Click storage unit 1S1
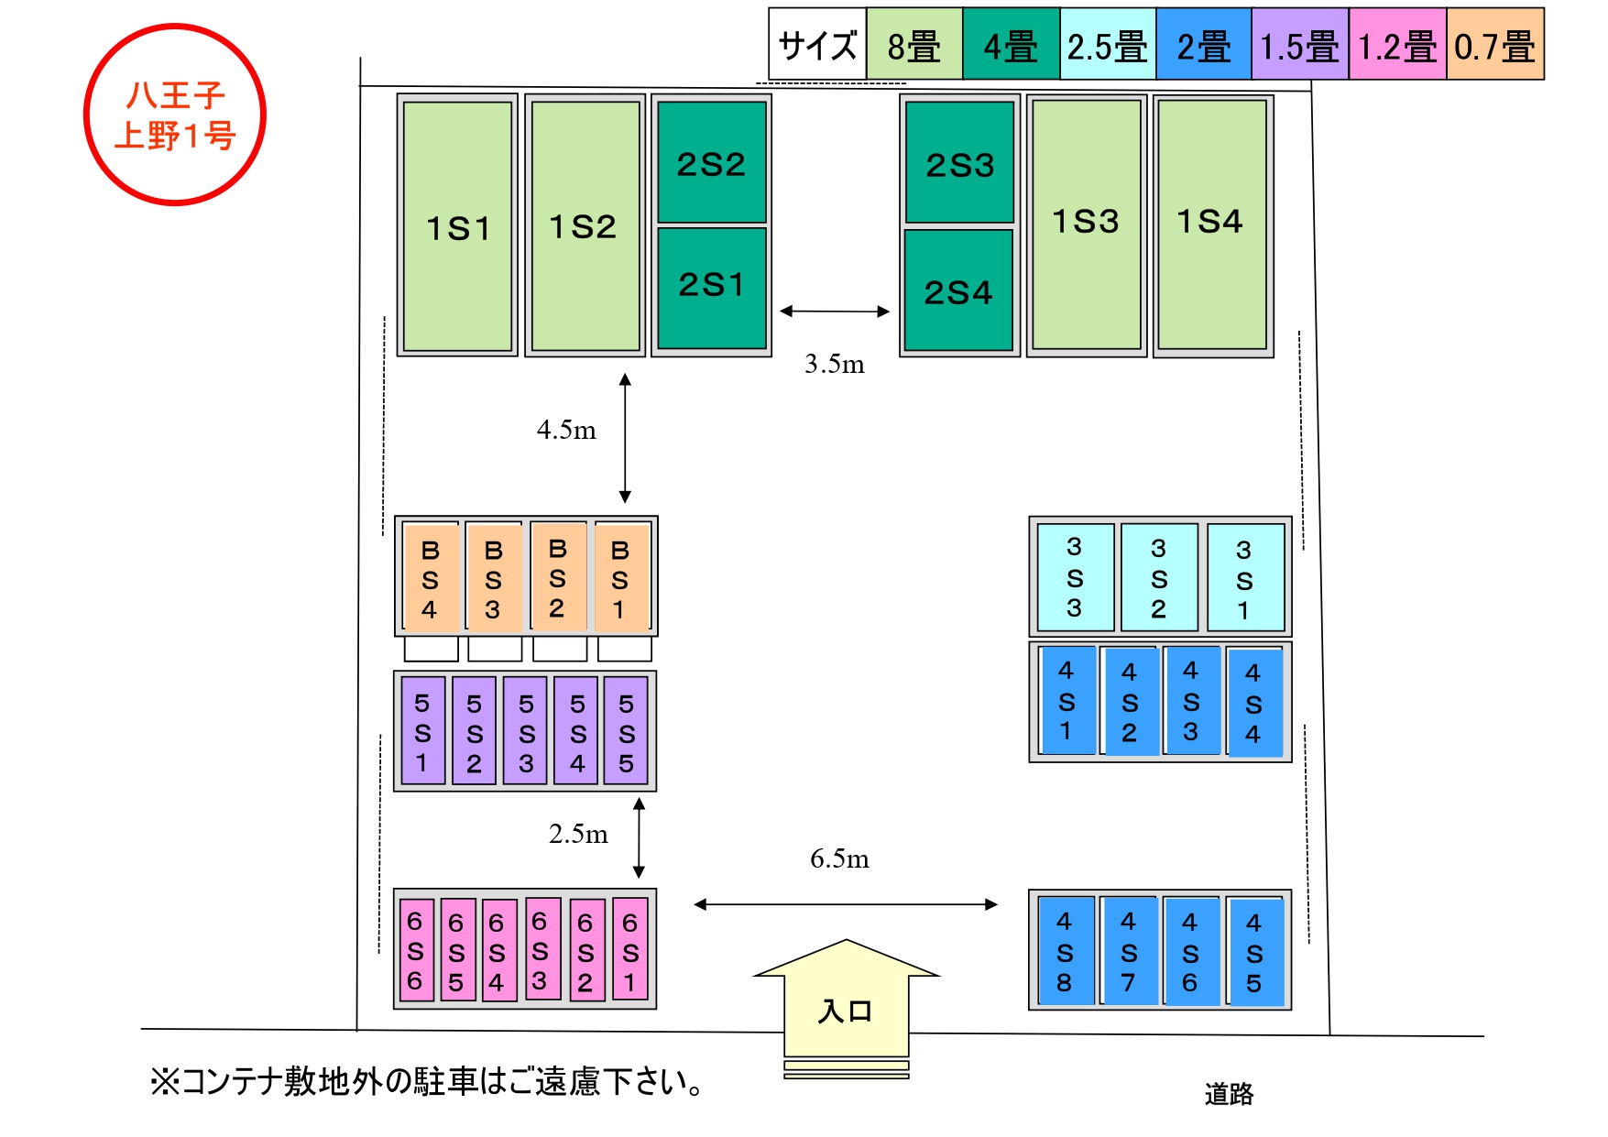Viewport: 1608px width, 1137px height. [457, 226]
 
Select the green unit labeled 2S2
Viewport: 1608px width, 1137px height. [711, 162]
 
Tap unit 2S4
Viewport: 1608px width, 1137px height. [958, 290]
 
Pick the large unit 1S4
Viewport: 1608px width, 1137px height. [1211, 224]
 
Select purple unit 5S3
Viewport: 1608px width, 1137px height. [526, 732]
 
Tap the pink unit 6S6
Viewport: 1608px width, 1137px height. [416, 950]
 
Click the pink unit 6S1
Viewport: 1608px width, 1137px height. [629, 950]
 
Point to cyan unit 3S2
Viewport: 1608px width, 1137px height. [1159, 578]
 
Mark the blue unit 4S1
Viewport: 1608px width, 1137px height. [1066, 701]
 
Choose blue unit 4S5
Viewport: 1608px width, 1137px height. [1254, 952]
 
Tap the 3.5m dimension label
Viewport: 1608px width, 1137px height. [834, 365]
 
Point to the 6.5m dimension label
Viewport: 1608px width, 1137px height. [839, 859]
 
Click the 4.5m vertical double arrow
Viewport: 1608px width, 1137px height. [625, 438]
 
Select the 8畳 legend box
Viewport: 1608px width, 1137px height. [914, 45]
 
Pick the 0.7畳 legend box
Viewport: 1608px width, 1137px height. [1494, 45]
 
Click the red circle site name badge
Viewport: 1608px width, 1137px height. [175, 115]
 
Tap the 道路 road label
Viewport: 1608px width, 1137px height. [1229, 1093]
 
